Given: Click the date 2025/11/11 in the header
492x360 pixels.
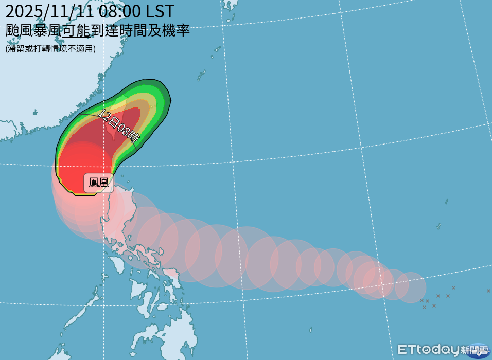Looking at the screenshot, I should click(54, 11).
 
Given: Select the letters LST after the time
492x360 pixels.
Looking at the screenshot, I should click(160, 11).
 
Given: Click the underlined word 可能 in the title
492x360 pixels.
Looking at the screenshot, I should click(76, 31).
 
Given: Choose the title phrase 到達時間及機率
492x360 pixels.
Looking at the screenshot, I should click(140, 31).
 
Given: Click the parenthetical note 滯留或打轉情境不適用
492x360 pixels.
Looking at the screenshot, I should click(50, 49).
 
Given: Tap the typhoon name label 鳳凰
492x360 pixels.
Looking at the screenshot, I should click(99, 182).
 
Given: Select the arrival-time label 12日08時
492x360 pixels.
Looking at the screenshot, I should click(118, 125).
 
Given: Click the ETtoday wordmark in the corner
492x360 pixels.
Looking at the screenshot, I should click(428, 350).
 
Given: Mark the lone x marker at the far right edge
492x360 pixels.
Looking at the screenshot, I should click(488, 291).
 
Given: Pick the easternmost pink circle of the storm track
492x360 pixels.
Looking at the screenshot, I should click(411, 287).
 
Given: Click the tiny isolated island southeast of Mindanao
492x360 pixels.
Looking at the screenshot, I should click(310, 330).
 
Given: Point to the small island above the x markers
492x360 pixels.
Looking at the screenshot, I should click(439, 226).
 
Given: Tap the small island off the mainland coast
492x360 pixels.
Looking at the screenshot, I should click(35, 112).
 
